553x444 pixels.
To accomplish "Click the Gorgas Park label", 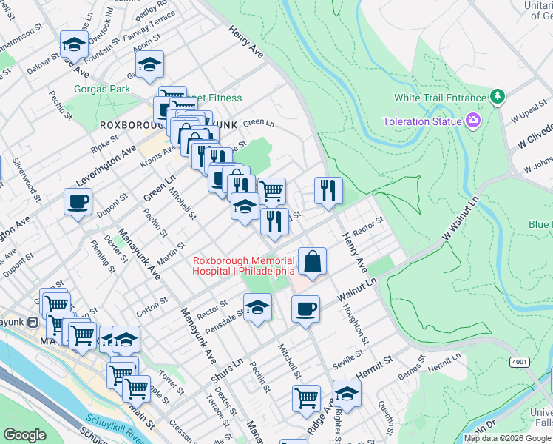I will pos(102,90).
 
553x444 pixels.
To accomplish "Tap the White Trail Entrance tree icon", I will pos(498,97).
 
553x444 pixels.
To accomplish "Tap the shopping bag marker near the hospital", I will pos(312,261).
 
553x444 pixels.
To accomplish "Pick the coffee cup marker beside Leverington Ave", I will pos(78,202).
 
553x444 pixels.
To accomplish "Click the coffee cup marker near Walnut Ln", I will pos(305,309).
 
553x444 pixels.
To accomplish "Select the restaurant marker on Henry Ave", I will pos(328,190).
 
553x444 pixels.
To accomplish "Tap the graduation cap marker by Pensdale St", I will pos(257,307).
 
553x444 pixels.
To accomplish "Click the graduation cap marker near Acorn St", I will pos(149,64).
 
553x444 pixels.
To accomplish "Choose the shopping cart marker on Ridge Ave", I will pos(306,399).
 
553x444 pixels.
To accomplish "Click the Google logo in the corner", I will pos(24,435).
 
